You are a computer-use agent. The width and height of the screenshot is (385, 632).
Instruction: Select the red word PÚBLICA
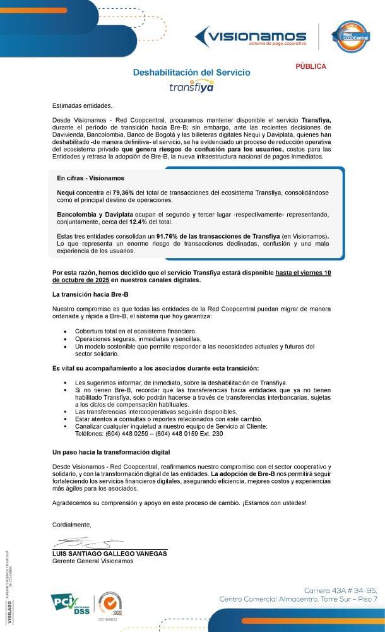tap(311, 66)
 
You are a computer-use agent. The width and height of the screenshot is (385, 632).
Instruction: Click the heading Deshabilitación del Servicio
tap(191, 73)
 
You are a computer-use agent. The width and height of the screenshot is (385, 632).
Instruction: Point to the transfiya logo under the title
tap(192, 87)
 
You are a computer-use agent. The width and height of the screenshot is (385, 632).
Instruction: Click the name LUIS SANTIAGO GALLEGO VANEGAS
tap(110, 553)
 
